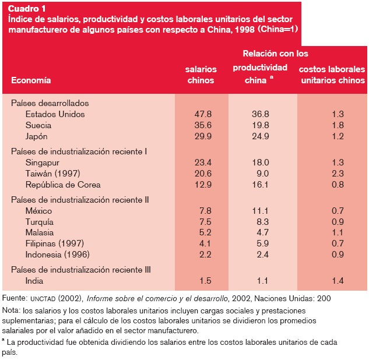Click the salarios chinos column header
(201, 75)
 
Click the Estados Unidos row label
(55, 114)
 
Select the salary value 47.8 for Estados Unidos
(202, 114)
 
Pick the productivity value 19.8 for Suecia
(259, 125)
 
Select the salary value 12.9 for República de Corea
(202, 185)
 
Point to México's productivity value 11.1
(260, 211)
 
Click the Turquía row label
(40, 222)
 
